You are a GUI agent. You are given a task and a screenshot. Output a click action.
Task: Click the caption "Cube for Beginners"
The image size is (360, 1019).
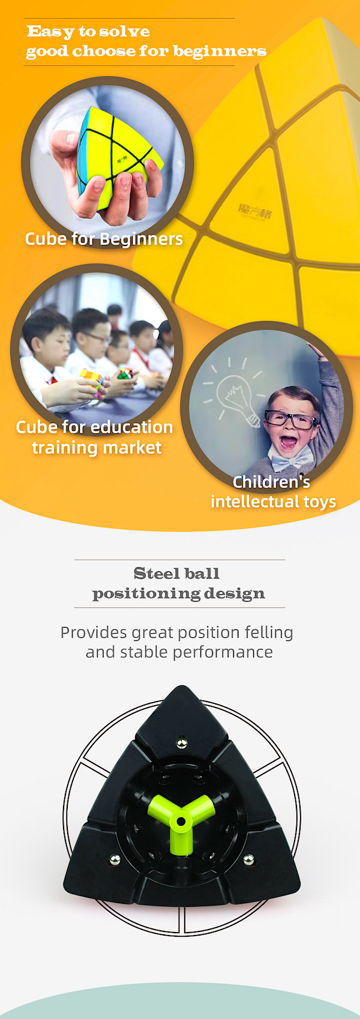point(104,239)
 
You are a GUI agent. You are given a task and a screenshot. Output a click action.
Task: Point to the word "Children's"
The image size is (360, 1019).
point(271,482)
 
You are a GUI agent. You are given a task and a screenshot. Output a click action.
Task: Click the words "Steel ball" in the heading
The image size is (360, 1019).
point(177,574)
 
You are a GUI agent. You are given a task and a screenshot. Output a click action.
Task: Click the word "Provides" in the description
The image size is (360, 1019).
point(94,633)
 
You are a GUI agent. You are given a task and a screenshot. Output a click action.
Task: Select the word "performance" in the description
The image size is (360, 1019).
point(223,652)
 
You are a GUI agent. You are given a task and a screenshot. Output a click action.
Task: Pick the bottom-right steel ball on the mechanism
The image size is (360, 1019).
point(248,860)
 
